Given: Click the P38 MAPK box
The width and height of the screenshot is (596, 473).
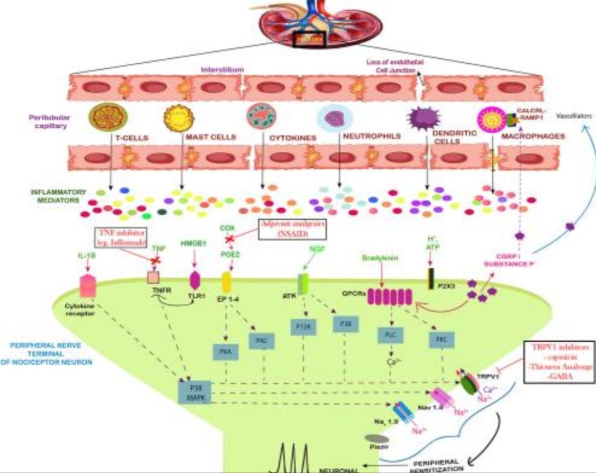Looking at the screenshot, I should pyautogui.click(x=195, y=392).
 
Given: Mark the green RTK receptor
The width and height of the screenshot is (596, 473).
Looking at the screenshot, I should pyautogui.click(x=303, y=283).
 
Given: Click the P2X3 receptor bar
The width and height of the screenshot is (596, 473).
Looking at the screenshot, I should pyautogui.click(x=431, y=279).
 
